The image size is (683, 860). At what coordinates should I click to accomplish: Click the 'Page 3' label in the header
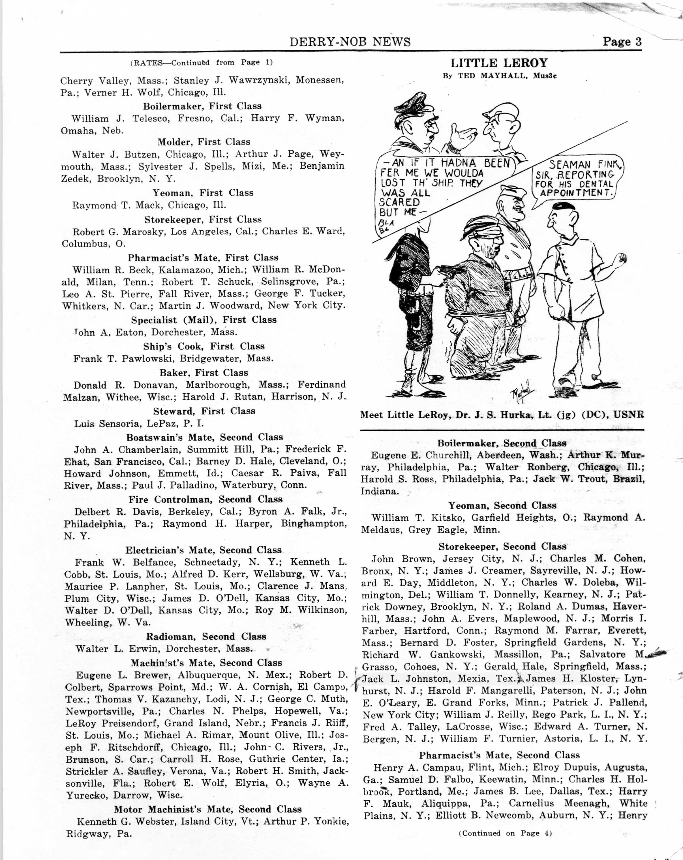pyautogui.click(x=622, y=42)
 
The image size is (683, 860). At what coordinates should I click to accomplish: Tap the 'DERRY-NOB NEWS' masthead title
pyautogui.click(x=350, y=42)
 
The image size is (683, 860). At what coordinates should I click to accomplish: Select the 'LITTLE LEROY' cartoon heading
pyautogui.click(x=499, y=63)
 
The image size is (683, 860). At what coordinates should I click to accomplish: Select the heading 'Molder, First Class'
pyautogui.click(x=204, y=142)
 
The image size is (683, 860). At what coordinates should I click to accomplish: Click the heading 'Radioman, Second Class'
pyautogui.click(x=205, y=636)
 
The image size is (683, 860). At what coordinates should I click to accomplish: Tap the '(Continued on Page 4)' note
pyautogui.click(x=505, y=833)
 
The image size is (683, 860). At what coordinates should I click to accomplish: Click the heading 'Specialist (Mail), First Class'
pyautogui.click(x=204, y=320)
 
